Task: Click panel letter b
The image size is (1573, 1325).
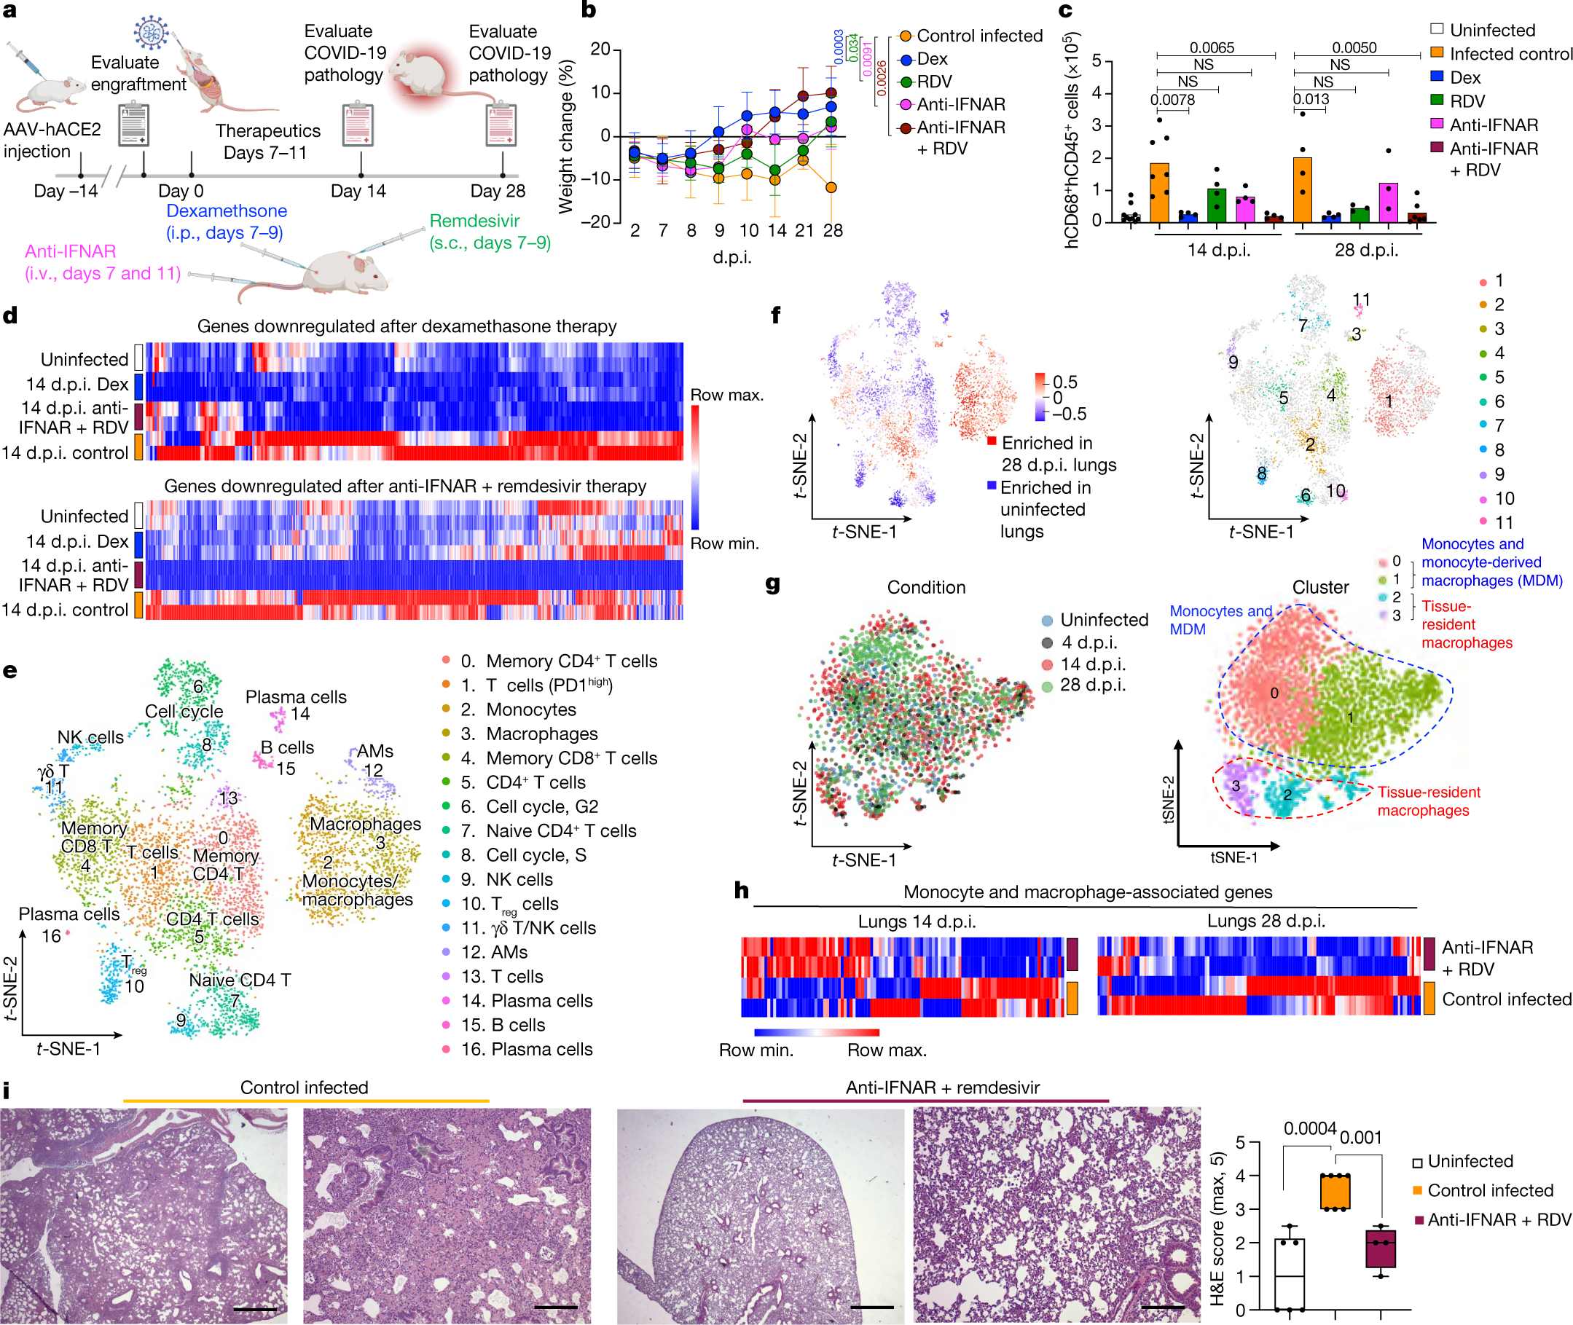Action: pos(589,9)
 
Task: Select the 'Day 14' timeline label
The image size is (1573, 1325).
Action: pos(358,191)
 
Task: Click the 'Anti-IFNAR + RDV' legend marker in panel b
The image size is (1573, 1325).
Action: pos(906,127)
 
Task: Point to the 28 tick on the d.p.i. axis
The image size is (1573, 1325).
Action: pos(832,231)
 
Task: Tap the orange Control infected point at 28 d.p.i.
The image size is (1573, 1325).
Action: pos(831,188)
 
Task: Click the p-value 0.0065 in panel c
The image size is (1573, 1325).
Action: pos(1211,47)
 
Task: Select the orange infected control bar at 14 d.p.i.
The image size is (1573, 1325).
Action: pos(1159,192)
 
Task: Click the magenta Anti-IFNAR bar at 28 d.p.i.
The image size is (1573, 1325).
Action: pos(1388,202)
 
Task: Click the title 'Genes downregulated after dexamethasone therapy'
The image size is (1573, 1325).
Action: pos(407,326)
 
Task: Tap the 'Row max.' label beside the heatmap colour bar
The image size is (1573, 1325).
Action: pos(726,395)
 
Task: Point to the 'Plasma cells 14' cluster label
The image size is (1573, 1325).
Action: pos(296,704)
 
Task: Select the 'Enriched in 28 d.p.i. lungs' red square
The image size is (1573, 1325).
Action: pos(992,441)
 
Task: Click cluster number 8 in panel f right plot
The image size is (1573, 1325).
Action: pos(1261,473)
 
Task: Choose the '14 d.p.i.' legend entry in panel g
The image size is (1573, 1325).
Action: pos(1088,664)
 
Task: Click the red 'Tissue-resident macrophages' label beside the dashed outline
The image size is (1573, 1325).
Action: pos(1428,801)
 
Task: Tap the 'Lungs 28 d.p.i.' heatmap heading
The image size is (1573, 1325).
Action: pos(1265,921)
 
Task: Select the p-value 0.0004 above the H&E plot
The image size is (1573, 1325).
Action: pos(1309,1129)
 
